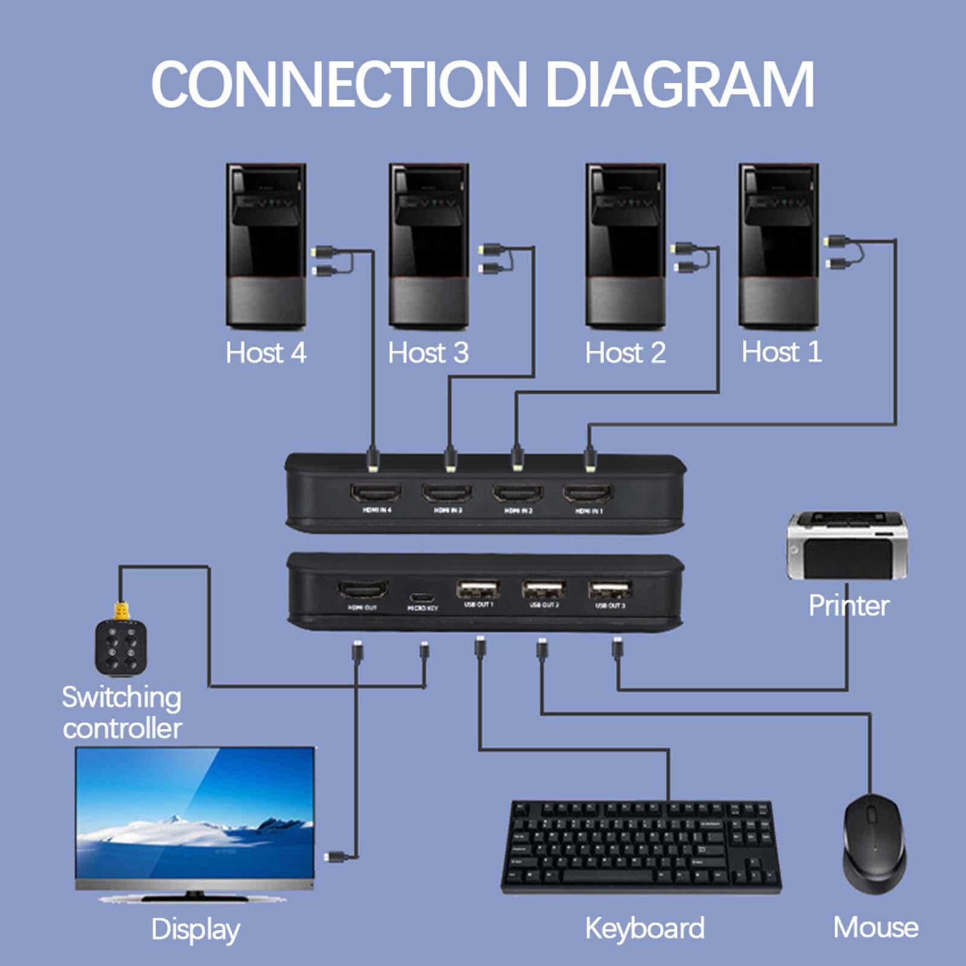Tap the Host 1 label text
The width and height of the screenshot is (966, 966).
[x=781, y=352]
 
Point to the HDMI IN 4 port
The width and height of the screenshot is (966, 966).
[x=376, y=493]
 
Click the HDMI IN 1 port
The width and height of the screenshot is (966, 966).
[x=588, y=493]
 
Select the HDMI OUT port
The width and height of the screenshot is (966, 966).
[x=363, y=589]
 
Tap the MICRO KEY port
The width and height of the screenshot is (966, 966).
[x=422, y=598]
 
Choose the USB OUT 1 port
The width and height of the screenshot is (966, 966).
[x=478, y=589]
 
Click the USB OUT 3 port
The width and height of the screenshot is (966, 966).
[x=610, y=589]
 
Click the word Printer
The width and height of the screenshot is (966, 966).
[x=848, y=606]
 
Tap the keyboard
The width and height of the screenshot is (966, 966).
[x=641, y=846]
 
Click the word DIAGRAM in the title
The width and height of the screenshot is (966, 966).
[x=679, y=85]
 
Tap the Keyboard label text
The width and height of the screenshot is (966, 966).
[x=644, y=929]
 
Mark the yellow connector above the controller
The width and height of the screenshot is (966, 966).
[x=121, y=611]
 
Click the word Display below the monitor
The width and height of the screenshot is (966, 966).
[x=195, y=930]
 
